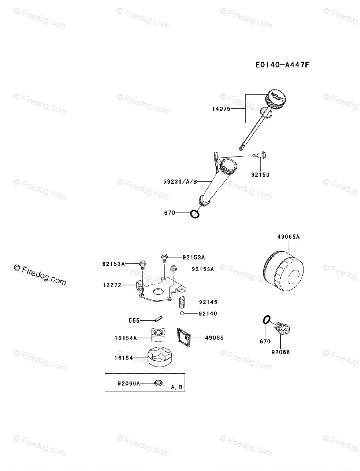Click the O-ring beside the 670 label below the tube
(x=194, y=214)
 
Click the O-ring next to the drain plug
(x=266, y=320)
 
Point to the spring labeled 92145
(x=182, y=303)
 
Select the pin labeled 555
(x=158, y=319)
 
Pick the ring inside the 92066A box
(x=158, y=383)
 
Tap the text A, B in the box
(x=176, y=387)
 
